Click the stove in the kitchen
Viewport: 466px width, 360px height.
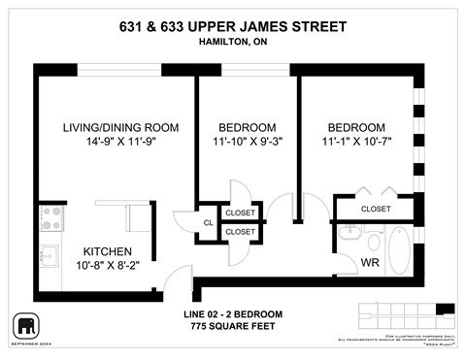tap(50, 217)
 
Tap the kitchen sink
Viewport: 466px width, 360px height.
tap(50, 256)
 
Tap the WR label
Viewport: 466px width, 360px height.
tap(369, 262)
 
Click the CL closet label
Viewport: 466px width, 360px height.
tap(208, 222)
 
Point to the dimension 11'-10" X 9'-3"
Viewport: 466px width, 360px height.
tap(247, 143)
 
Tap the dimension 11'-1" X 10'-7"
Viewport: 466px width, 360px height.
tap(356, 143)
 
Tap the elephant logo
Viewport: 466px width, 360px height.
tap(24, 325)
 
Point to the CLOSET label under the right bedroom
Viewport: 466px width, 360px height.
tap(376, 209)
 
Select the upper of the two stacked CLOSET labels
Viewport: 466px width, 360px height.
tap(240, 213)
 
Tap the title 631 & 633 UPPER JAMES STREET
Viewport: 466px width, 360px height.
tap(233, 25)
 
